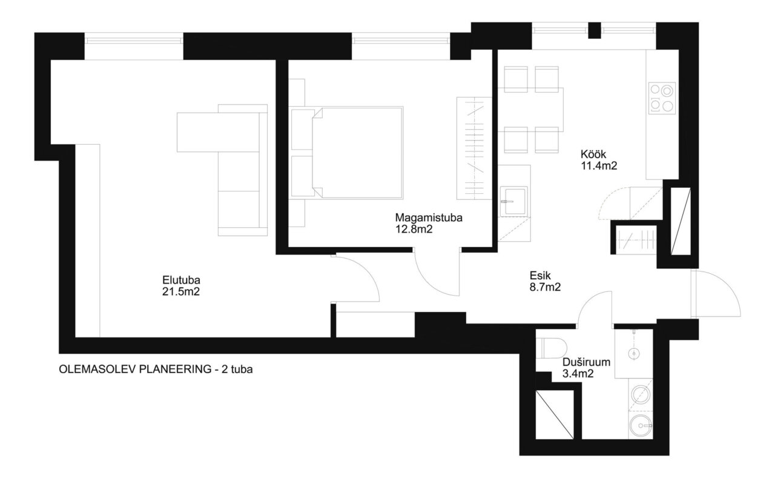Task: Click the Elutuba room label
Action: coord(181,280)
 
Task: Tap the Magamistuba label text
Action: coord(429,217)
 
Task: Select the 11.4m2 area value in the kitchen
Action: coord(599,166)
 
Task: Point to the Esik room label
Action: coord(540,276)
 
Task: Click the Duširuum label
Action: coord(586,362)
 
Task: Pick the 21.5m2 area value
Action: coord(181,292)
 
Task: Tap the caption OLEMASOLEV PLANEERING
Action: coord(135,370)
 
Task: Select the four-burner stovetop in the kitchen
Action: coord(662,98)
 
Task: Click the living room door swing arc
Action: coord(368,270)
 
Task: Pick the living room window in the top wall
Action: coord(134,41)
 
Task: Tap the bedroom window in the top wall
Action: coord(401,41)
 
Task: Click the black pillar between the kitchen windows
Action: coord(595,30)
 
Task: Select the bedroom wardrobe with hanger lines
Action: coord(474,148)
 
